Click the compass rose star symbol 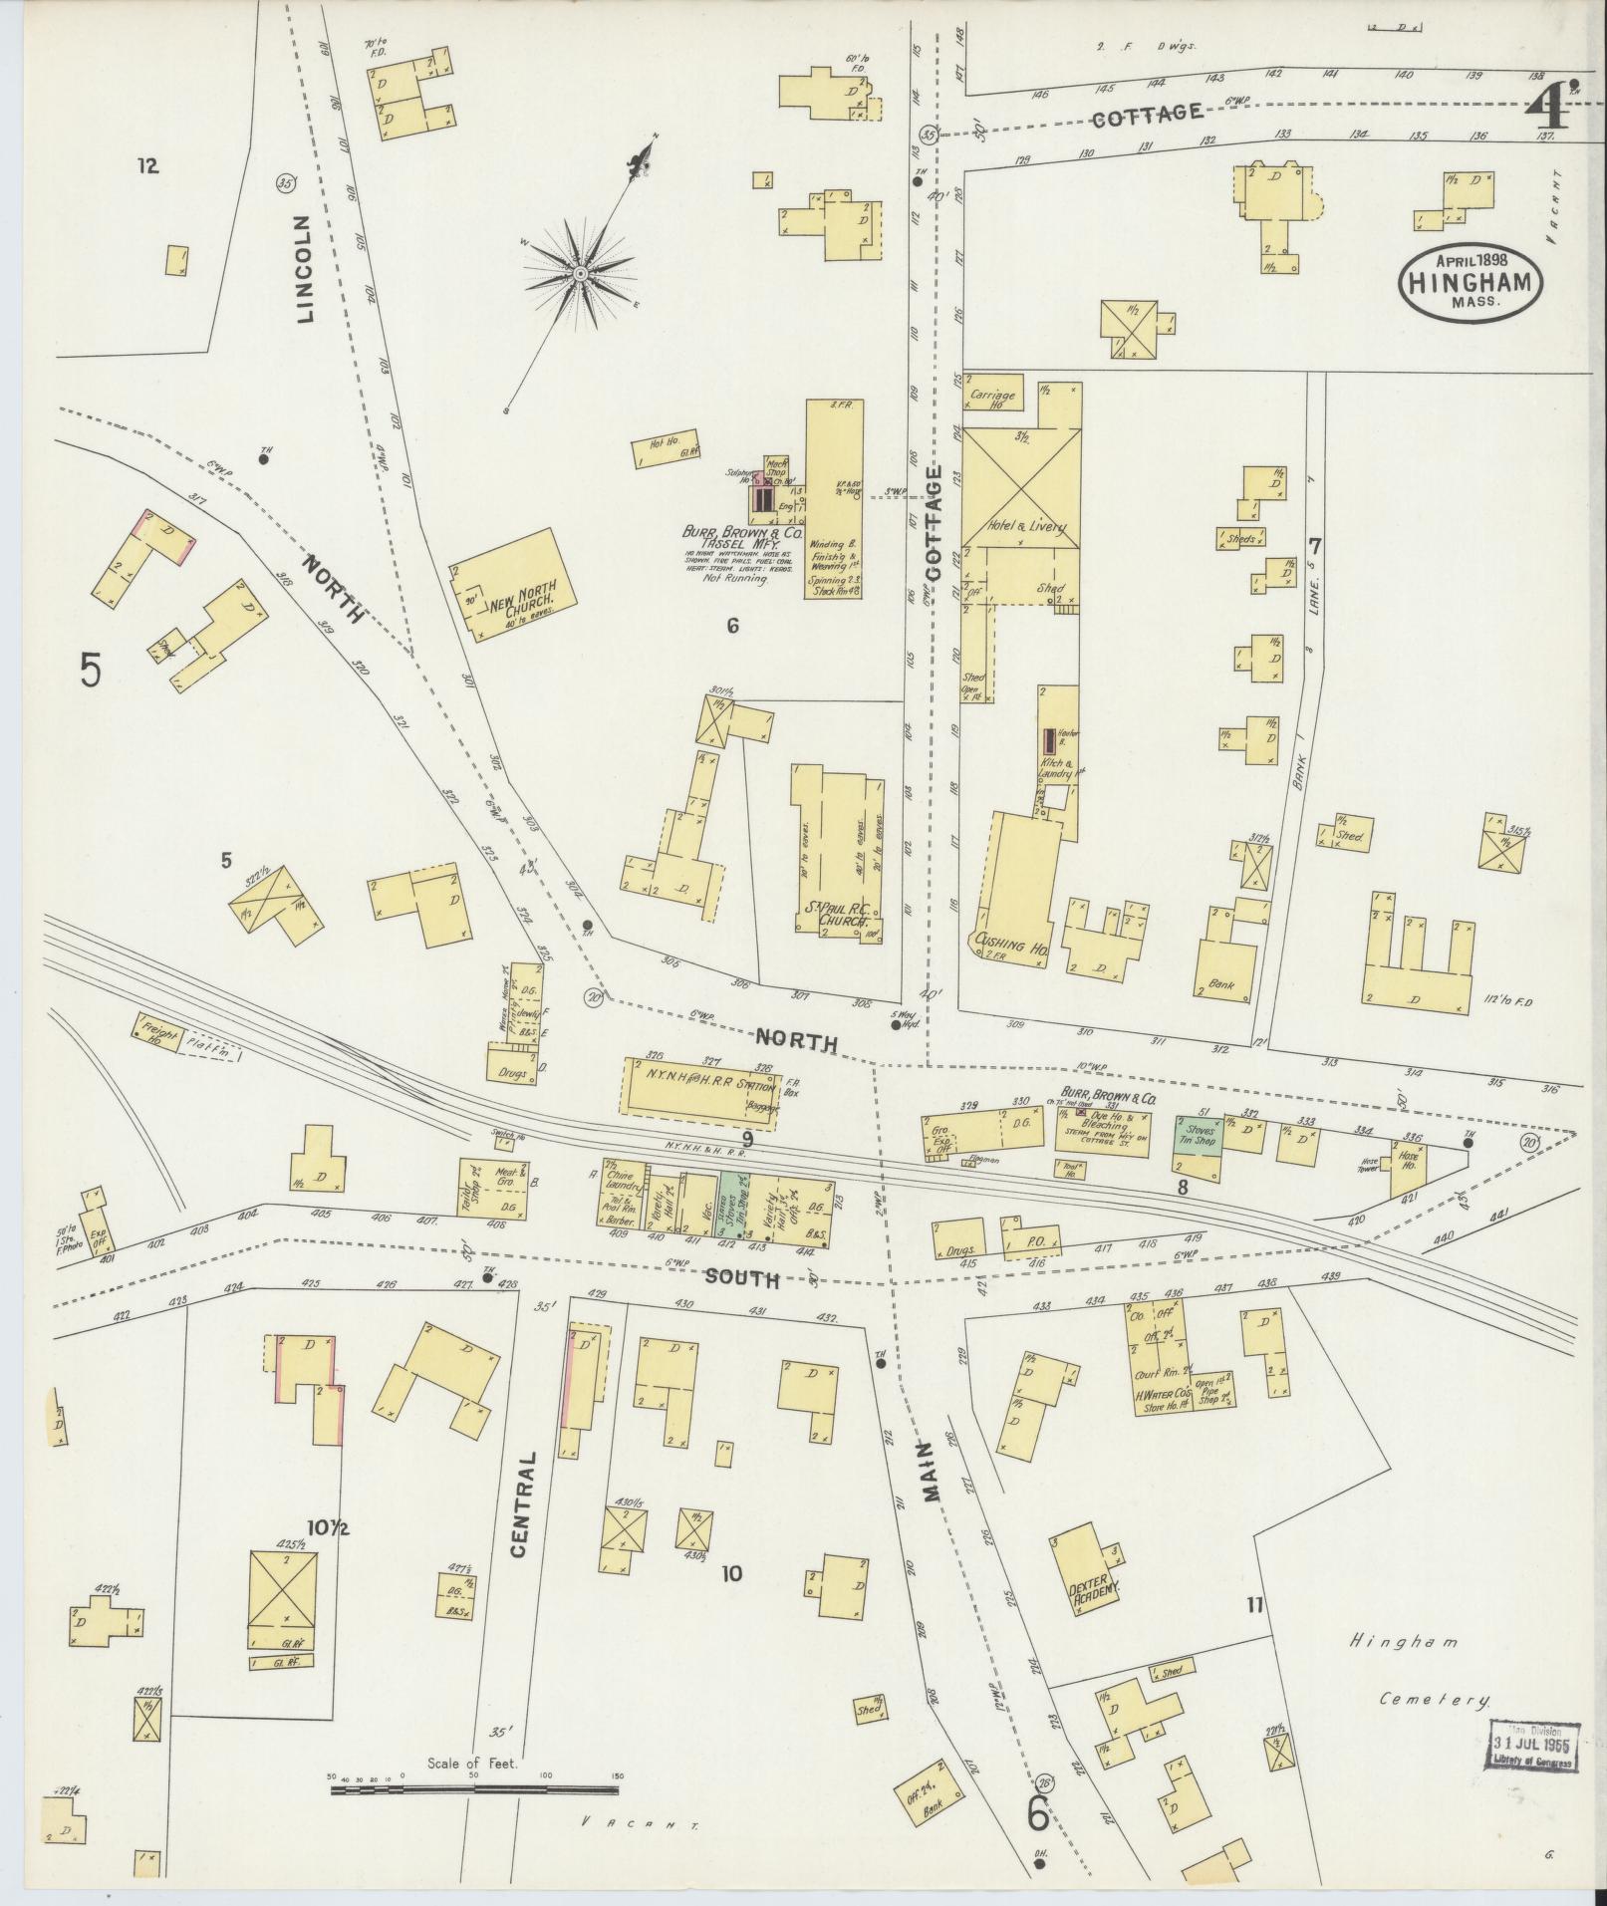(579, 272)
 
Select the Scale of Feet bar (475, 1791)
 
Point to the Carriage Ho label (990, 400)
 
